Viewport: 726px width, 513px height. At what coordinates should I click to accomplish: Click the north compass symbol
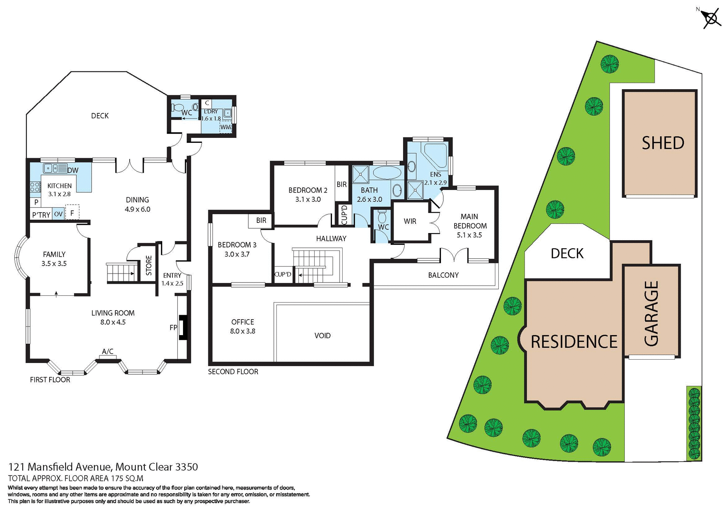(x=711, y=19)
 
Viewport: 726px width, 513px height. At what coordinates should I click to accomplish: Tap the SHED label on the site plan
(x=663, y=143)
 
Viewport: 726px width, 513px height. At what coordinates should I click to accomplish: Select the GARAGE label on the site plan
(x=652, y=314)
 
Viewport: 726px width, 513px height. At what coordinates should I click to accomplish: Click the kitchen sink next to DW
(x=55, y=168)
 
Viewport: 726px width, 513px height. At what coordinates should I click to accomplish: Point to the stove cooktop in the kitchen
(x=35, y=187)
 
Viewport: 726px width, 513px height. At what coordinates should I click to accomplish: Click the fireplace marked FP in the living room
(x=183, y=327)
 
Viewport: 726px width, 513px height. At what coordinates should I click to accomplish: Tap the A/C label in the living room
(x=108, y=352)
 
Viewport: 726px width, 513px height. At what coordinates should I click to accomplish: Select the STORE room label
(x=149, y=265)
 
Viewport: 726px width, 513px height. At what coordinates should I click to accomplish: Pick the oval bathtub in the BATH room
(x=387, y=173)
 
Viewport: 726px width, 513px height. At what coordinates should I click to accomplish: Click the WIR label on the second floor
(x=410, y=221)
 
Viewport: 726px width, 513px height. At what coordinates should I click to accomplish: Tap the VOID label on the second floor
(x=322, y=336)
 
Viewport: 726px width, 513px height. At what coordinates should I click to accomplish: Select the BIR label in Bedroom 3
(x=261, y=221)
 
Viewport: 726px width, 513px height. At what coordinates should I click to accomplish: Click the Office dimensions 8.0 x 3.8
(x=242, y=331)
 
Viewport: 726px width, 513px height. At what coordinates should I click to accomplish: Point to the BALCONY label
(x=443, y=275)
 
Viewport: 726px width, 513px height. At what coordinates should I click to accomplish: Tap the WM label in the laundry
(x=225, y=127)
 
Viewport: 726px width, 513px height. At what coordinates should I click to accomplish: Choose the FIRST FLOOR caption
(x=50, y=380)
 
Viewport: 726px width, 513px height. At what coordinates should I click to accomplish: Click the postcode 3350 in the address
(x=186, y=467)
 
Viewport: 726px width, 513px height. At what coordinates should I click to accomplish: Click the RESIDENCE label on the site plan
(x=574, y=342)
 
